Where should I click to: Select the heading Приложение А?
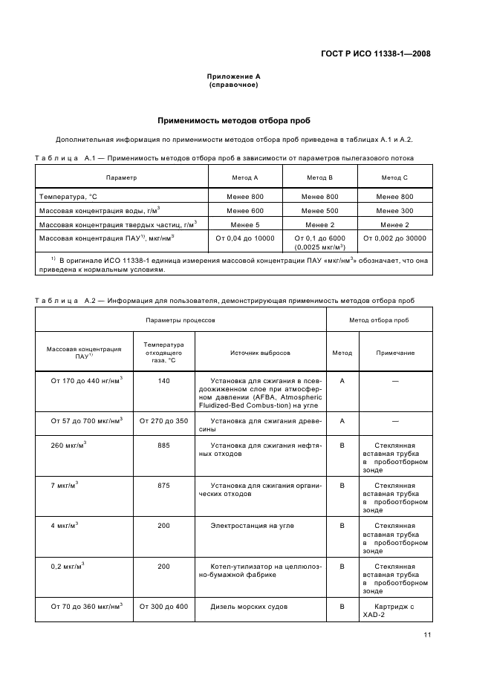233,76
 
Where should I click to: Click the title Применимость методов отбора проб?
233,120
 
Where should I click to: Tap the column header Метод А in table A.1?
245,178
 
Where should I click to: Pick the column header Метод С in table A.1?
394,178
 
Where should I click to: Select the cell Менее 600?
245,210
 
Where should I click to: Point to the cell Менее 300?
394,210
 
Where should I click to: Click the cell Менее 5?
245,224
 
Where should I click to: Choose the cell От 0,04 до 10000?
245,238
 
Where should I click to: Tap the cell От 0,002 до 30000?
394,238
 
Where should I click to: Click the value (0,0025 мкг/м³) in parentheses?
319,247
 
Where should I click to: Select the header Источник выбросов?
260,353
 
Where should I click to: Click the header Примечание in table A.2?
395,353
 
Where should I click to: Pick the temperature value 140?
163,381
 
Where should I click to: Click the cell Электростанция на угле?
252,526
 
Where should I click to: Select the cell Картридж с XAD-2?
395,610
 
